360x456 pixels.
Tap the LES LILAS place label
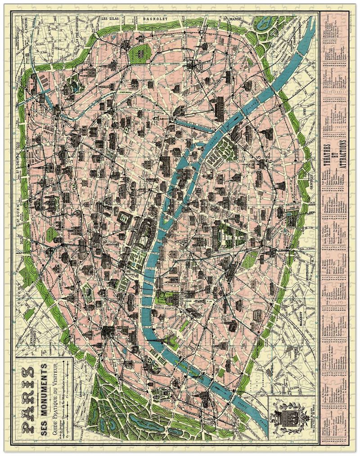(x=112, y=19)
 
